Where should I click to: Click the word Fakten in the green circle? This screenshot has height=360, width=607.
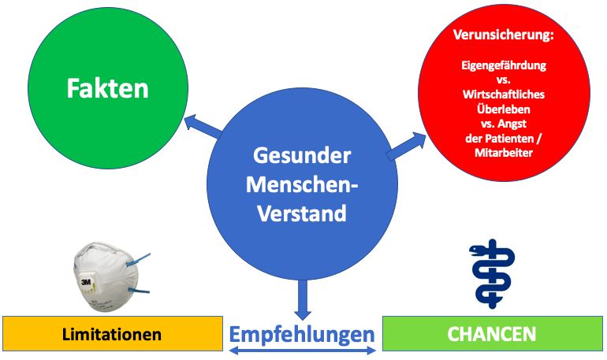pos(108,88)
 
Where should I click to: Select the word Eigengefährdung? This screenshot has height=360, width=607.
pos(504,65)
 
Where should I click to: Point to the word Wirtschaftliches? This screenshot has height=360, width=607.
pos(504,95)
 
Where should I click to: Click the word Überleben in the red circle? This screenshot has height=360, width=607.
pos(504,109)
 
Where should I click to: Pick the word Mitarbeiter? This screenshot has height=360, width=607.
pos(504,152)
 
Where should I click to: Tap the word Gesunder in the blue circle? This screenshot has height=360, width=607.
pos(302,155)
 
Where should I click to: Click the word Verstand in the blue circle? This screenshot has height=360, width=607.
pos(302,213)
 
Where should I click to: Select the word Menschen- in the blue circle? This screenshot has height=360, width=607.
pos(302,184)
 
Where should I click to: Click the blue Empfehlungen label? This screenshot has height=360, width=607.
pos(302,334)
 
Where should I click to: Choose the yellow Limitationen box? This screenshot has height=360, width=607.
pos(113,334)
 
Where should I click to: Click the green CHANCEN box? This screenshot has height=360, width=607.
pos(493,333)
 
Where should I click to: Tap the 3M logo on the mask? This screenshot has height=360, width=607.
pos(86,282)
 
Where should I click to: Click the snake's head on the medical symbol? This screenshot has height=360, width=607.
pos(477,251)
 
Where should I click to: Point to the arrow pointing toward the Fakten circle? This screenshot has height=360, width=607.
pos(203,126)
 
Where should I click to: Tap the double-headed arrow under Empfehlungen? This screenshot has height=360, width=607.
pos(302,351)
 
